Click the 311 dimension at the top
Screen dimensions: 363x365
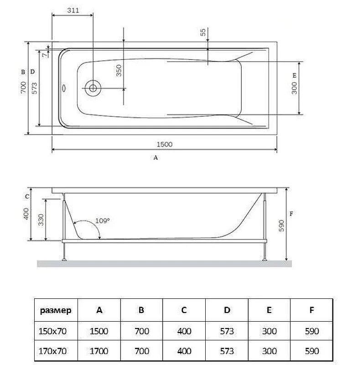[x=73, y=10]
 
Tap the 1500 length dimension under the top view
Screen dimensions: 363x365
[x=165, y=144]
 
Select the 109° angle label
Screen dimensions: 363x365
[x=103, y=220]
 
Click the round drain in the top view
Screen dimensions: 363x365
[x=93, y=88]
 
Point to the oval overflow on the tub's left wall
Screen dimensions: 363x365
[x=64, y=88]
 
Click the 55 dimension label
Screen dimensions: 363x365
[x=202, y=32]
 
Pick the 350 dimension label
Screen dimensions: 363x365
[x=119, y=71]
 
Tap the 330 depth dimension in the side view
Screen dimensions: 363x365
[x=41, y=220]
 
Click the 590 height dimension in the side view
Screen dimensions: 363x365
[x=281, y=225]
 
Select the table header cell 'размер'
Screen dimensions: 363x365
[x=56, y=310]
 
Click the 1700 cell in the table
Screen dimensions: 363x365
[x=99, y=351]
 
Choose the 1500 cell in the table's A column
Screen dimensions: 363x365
[x=99, y=331]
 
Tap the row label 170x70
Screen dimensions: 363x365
[x=52, y=351]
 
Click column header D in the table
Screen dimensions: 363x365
[x=227, y=310]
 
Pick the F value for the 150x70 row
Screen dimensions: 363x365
[x=312, y=331]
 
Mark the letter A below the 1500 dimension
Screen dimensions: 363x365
[x=156, y=157]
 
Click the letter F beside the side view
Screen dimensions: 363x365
[x=291, y=214]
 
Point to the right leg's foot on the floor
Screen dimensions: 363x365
[x=264, y=259]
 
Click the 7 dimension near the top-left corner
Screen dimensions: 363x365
[x=45, y=55]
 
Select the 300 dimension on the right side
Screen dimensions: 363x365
[x=294, y=88]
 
